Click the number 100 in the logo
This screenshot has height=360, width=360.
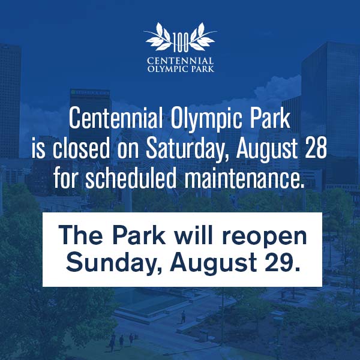(181, 42)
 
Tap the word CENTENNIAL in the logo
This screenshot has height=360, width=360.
(181, 61)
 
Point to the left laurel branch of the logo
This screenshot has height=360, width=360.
(158, 36)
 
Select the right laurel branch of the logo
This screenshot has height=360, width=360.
(203, 36)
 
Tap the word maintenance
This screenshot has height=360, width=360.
(245, 178)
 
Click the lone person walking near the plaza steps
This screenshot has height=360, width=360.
(183, 317)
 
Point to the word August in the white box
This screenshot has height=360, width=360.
(213, 263)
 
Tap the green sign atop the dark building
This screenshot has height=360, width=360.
(90, 92)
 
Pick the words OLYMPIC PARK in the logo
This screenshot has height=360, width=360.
(181, 68)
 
